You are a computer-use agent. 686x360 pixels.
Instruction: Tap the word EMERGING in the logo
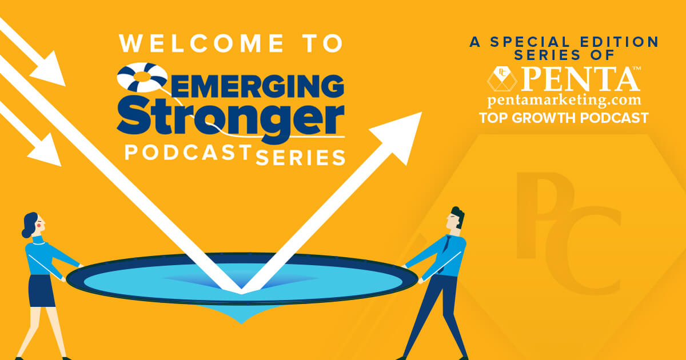257,86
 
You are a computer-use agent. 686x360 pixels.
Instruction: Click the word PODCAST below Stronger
188,153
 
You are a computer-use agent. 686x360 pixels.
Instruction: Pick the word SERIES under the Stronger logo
301,158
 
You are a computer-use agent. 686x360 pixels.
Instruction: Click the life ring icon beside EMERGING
142,77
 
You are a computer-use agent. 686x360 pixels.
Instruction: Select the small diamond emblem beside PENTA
502,79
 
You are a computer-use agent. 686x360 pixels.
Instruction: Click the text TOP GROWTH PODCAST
564,118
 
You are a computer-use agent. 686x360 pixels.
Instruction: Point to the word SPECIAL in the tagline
530,42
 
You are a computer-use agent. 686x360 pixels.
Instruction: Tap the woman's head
33,225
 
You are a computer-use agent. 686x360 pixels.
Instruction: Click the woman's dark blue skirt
41,291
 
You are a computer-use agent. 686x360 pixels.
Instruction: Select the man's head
456,218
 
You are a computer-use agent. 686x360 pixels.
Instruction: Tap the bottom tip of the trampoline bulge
241,324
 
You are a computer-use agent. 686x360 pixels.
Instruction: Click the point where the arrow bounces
241,291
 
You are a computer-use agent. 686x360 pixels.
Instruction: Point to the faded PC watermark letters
569,233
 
